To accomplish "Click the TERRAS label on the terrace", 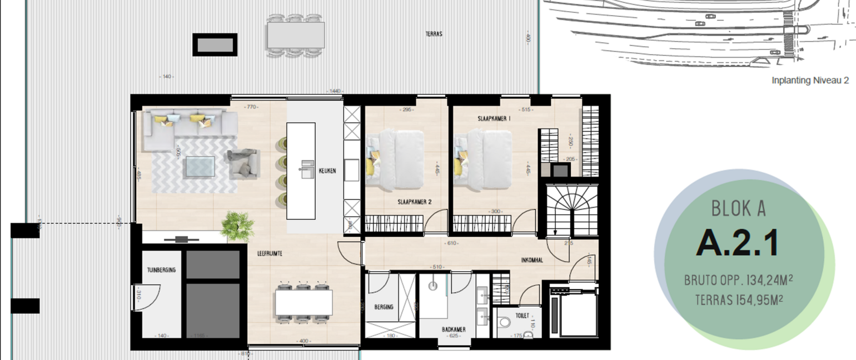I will (434, 34).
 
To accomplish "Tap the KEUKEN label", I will (327, 171).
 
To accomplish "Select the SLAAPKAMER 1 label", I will (494, 119).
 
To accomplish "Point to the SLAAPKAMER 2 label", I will (415, 202).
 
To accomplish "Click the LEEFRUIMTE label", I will (270, 253).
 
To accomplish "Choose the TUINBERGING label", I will (162, 270).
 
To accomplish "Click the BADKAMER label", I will (454, 329).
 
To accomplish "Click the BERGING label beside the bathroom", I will (384, 307).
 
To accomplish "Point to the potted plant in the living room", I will (237, 226).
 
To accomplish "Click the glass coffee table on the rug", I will (200, 166).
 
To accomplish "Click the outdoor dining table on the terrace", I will (295, 36).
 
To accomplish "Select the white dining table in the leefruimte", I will (303, 303).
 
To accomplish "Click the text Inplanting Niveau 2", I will (810, 81).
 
